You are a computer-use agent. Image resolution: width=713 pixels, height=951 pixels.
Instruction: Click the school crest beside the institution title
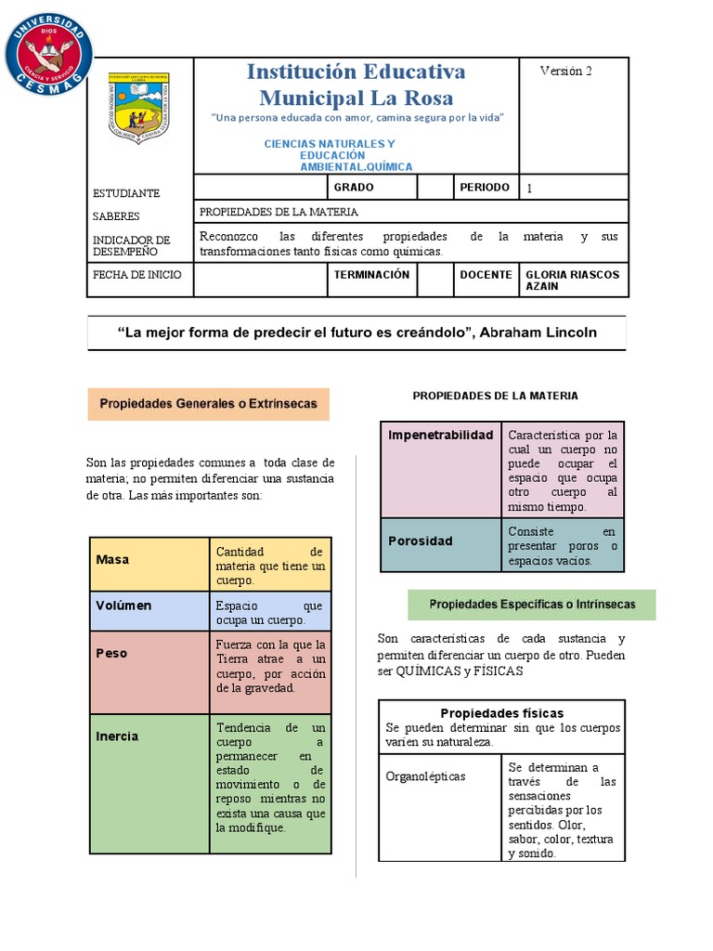coord(139,107)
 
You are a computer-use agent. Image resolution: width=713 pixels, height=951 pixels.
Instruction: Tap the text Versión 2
coord(565,72)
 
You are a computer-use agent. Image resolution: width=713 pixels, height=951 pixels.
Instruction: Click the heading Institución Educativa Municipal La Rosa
coord(356,85)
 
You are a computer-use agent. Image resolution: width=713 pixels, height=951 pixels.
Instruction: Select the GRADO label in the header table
coord(354,187)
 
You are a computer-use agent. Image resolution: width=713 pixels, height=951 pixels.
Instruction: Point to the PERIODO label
coord(485,187)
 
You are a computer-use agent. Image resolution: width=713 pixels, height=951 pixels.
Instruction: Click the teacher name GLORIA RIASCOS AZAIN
coord(572,280)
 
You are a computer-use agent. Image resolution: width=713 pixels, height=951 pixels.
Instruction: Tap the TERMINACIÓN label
coord(371,275)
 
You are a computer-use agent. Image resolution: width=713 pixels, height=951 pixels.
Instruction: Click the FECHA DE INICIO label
coord(137,275)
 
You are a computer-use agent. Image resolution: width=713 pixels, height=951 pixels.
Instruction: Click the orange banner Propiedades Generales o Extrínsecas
coord(209,404)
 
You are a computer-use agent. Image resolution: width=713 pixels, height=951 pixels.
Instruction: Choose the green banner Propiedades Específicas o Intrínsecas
coord(532,605)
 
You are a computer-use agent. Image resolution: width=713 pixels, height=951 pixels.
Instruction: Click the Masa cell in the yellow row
coord(112,560)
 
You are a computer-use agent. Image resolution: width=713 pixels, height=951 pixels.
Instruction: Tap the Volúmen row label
coord(123,606)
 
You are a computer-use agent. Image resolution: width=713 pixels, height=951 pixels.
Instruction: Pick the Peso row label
coord(111,653)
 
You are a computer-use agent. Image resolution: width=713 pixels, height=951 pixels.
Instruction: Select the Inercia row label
coord(117,736)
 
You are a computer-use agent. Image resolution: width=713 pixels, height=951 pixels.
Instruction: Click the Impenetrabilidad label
coord(440,435)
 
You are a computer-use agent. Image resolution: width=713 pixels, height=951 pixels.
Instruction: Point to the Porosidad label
coord(421,541)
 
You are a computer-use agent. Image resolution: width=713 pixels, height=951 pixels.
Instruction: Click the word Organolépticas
coord(425,776)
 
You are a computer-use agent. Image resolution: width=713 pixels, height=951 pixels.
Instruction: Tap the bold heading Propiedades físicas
coord(501,713)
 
